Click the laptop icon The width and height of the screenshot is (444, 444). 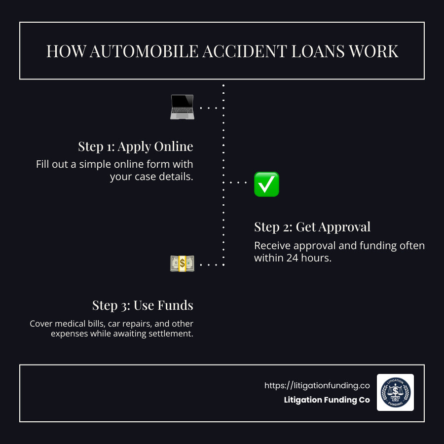point(182,107)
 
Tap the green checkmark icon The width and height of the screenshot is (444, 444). point(266,184)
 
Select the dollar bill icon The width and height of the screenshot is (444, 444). point(182,264)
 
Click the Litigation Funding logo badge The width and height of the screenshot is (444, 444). point(395,392)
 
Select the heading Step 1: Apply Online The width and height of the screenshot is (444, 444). point(136,147)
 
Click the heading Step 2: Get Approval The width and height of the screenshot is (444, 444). point(312,227)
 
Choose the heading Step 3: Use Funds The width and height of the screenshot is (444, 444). point(143,305)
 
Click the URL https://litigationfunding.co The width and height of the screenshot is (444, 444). point(317,386)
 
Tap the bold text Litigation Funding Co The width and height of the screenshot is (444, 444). point(327,400)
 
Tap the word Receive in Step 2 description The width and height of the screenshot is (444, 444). point(271,246)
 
